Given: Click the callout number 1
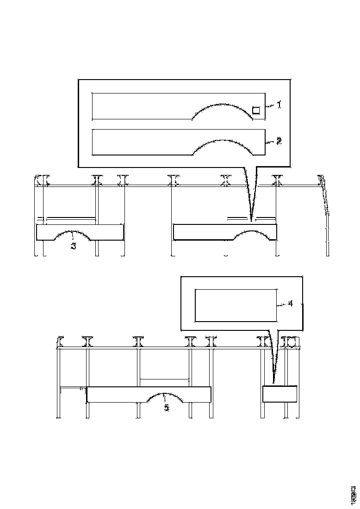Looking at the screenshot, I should tap(279, 105).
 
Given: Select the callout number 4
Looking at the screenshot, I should tap(290, 304).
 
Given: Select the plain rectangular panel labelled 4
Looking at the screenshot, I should tap(236, 305).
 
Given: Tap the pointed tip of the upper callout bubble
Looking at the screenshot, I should tap(252, 220).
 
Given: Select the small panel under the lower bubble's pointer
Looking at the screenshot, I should tap(279, 394).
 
